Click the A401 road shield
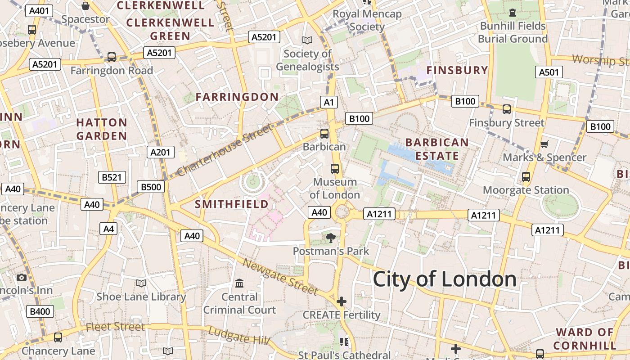click(39, 11)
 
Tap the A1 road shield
click(329, 102)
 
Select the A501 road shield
click(549, 72)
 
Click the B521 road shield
click(112, 177)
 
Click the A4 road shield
click(108, 229)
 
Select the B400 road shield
click(40, 311)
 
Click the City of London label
click(445, 279)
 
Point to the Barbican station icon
click(324, 133)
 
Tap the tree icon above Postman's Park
click(331, 238)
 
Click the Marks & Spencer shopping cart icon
click(544, 144)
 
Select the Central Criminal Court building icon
click(239, 283)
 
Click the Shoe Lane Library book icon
click(141, 283)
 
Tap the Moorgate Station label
click(526, 190)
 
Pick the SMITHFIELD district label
click(231, 204)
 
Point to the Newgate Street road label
click(280, 277)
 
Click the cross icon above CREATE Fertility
click(342, 301)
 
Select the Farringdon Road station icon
click(111, 57)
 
